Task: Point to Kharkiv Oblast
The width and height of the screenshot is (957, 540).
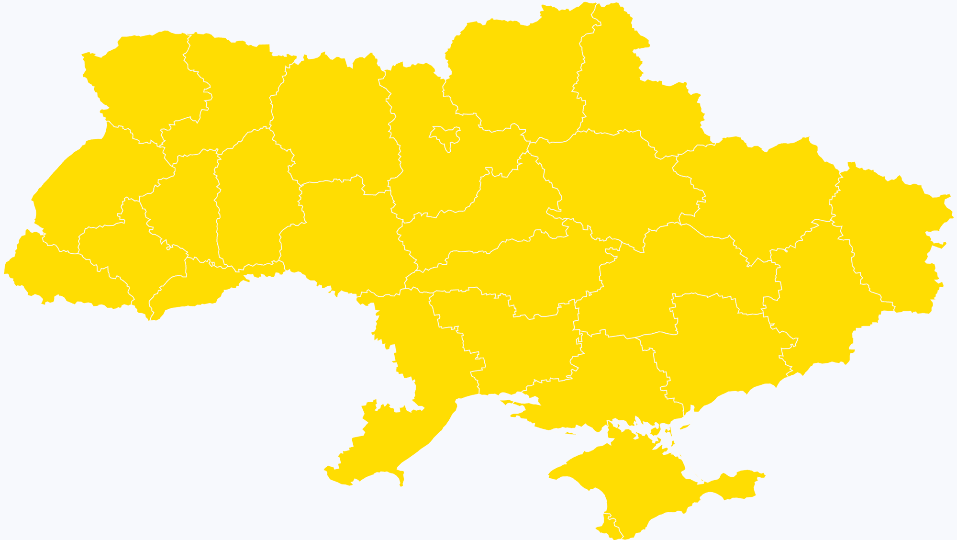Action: click(756, 191)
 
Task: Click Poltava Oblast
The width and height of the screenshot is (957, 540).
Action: click(612, 187)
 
